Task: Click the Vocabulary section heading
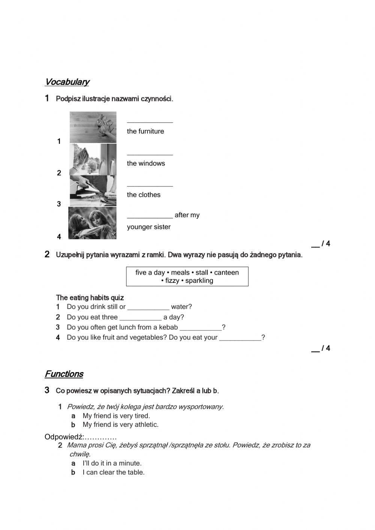click(x=67, y=82)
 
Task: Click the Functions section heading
click(x=64, y=374)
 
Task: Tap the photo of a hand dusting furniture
click(x=93, y=127)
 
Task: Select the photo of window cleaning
click(x=93, y=159)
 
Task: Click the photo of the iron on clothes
click(x=93, y=191)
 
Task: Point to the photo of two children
click(x=92, y=223)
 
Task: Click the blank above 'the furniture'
click(x=150, y=121)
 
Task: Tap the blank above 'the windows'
click(x=150, y=153)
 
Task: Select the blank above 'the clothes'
click(x=150, y=185)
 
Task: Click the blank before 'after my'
click(x=150, y=216)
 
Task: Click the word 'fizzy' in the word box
click(x=172, y=281)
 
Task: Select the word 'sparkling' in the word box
click(x=199, y=281)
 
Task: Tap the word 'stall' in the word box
click(x=202, y=273)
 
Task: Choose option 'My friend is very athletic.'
click(x=120, y=425)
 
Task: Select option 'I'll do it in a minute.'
click(x=112, y=463)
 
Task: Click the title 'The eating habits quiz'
click(x=90, y=298)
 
